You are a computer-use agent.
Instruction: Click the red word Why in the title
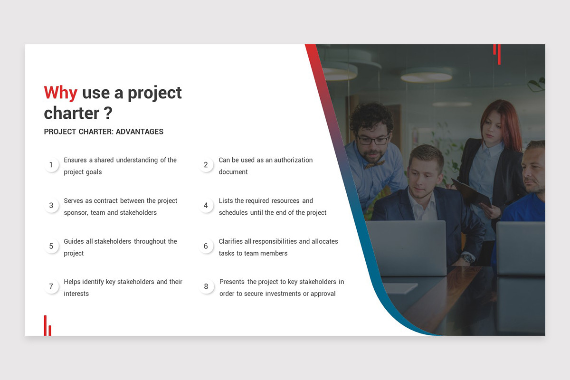tap(60, 93)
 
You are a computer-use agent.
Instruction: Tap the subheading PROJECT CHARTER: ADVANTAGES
tap(104, 132)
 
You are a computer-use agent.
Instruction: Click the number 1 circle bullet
tap(51, 165)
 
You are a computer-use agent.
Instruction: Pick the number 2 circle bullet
tap(206, 165)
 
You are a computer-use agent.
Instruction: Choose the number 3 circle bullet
tap(51, 206)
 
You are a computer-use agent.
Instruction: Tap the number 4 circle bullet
tap(206, 206)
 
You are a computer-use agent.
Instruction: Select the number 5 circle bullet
tap(51, 246)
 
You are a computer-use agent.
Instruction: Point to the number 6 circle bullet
tap(206, 246)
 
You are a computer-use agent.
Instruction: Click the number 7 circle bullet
tap(51, 286)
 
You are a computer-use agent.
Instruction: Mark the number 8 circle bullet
tap(206, 286)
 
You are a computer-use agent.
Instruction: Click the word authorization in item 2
tap(293, 160)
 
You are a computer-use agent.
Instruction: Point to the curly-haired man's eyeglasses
tap(373, 140)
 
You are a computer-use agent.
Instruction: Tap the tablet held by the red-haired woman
tap(470, 192)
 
